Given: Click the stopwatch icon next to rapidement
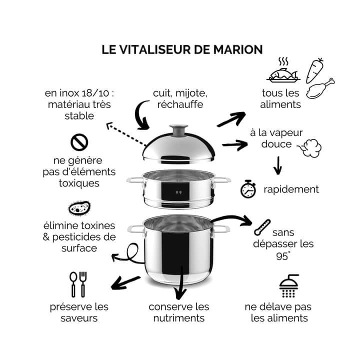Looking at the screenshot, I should [x=248, y=188].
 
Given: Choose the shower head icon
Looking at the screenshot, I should [x=288, y=285].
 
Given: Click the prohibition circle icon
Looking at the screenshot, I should [x=79, y=142].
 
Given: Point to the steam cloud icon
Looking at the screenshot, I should [x=309, y=146].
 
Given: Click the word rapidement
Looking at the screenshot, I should [x=291, y=189].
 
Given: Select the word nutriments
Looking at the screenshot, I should [x=178, y=318].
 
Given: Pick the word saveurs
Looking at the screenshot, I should [x=79, y=318].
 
